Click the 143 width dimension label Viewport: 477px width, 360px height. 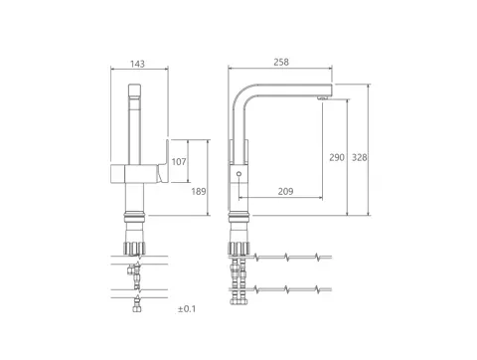click(137, 64)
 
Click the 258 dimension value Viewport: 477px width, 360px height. click(281, 62)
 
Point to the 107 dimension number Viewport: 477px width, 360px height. click(179, 162)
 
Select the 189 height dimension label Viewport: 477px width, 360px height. click(199, 191)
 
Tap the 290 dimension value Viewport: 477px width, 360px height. click(337, 157)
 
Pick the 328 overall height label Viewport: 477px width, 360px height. click(359, 157)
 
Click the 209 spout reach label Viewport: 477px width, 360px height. click(285, 191)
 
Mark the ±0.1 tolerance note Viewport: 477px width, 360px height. click(187, 309)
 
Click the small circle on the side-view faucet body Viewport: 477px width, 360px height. click(238, 174)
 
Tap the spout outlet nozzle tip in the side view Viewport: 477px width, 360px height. click(323, 97)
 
